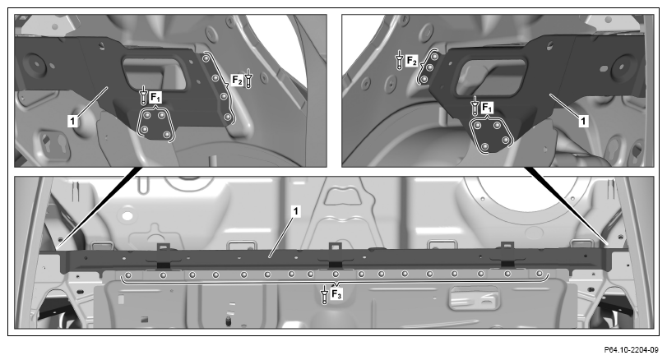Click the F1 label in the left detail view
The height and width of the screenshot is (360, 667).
pos(155,98)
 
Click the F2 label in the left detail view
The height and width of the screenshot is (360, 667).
pos(237,80)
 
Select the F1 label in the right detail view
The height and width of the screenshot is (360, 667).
pos(488,108)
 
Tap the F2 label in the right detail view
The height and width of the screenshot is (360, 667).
pos(412,61)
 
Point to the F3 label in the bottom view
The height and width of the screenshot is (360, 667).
pos(336,293)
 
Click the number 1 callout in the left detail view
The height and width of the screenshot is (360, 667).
pos(72,121)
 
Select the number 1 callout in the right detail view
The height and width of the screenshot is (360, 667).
pos(583,121)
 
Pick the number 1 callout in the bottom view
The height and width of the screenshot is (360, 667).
pos(296,210)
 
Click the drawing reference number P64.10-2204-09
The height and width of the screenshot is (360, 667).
pos(631,350)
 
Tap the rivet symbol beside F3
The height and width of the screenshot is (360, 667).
pos(325,294)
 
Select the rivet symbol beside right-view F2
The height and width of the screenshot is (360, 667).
pos(399,59)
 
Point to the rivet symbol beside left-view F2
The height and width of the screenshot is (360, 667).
pos(248,80)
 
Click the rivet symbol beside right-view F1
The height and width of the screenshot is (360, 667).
pos(475,106)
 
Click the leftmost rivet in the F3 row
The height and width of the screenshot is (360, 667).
pos(129,275)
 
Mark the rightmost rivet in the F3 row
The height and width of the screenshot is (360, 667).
pos(540,274)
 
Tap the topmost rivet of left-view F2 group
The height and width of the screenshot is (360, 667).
pos(206,58)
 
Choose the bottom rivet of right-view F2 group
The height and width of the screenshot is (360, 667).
pos(424,79)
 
